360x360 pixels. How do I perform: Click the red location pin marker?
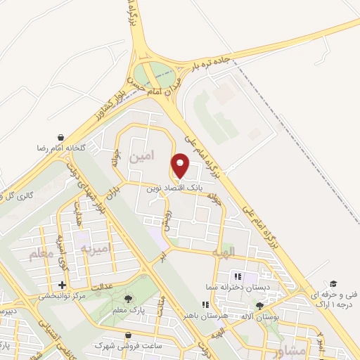tap(181, 167)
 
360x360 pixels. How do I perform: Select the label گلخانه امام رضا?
tap(62, 149)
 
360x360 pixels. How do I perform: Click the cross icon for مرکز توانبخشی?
tap(63, 285)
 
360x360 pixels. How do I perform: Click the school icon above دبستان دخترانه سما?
tap(237, 276)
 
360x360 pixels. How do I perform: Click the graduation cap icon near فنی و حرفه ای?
tap(333, 283)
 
